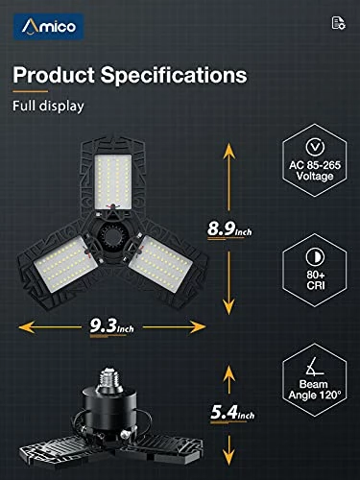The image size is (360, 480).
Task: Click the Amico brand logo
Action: tap(49, 26)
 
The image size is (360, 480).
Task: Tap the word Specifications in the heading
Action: tap(174, 75)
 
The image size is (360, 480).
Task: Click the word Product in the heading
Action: tap(54, 75)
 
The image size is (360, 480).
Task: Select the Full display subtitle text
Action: tap(48, 107)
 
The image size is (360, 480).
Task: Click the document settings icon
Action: tap(338, 23)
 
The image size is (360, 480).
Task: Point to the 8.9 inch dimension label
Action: tap(229, 229)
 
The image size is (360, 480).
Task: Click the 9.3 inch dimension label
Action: tap(111, 326)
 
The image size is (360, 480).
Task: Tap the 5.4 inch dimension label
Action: tap(232, 412)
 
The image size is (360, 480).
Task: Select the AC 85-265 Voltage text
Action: tap(315, 171)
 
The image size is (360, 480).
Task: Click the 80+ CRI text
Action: tap(316, 279)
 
